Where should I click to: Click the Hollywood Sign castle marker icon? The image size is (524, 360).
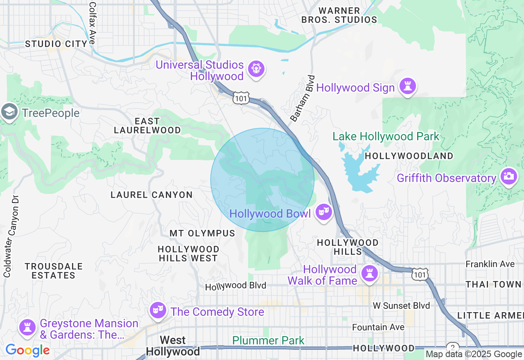coord(408,86)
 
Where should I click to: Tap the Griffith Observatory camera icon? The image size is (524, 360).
coord(508,177)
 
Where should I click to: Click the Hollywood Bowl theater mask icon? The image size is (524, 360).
coord(323,212)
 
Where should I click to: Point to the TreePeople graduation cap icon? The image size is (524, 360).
coord(9,112)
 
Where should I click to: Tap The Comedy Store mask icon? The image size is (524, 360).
coord(157,310)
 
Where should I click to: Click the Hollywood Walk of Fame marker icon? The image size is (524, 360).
coord(370,273)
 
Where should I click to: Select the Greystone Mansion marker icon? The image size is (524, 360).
coord(27,328)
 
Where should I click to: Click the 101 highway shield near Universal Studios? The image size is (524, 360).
coord(240,98)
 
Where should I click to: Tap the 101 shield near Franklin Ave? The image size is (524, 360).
coord(420,274)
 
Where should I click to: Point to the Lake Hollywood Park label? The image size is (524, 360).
coord(386,136)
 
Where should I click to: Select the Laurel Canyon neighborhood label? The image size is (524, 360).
coord(151,195)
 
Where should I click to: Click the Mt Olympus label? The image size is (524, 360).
coord(202,234)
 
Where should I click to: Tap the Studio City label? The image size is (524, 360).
coord(56,44)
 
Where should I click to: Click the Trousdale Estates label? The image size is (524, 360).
coord(54,271)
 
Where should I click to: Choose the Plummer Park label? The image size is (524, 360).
coord(268,340)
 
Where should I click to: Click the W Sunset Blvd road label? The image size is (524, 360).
coord(401,306)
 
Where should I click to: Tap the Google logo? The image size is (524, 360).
coord(27,350)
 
